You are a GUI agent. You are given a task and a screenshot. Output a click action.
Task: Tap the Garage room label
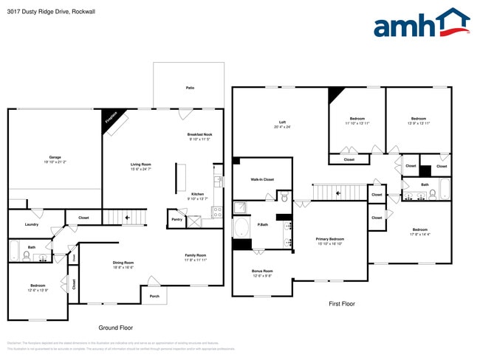[55, 157]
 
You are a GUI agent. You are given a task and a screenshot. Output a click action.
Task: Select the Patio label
[190, 88]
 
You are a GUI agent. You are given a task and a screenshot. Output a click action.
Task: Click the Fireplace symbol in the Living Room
[114, 122]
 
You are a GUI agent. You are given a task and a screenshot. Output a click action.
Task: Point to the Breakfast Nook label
[200, 134]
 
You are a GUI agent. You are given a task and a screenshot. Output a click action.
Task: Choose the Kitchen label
[197, 194]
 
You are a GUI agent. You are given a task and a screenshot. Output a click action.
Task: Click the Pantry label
[176, 219]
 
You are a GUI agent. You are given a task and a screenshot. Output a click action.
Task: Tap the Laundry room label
[31, 224]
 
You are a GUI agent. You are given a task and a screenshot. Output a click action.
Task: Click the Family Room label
[196, 255]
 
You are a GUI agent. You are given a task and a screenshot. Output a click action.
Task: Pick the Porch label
[154, 297]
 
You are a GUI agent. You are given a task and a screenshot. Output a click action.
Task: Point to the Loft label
[282, 122]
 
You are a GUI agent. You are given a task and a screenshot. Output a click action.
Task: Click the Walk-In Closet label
[262, 179]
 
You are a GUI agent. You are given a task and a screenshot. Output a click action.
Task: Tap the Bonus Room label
[262, 271]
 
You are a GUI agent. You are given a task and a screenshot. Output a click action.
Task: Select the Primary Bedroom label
[330, 240]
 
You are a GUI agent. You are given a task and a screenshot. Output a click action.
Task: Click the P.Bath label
[262, 224]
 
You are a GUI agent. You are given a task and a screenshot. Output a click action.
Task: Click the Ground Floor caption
[116, 328]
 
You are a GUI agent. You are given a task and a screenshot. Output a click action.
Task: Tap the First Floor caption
[342, 303]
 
